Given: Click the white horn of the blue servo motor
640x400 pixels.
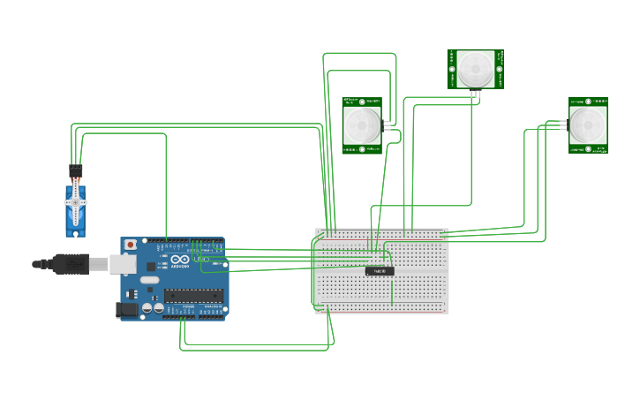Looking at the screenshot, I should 76,201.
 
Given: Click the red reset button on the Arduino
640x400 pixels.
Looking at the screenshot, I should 131,244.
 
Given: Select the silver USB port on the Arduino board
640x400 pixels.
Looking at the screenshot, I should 122,263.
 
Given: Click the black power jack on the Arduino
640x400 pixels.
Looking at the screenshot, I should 127,309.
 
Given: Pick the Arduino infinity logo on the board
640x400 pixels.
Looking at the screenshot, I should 177,261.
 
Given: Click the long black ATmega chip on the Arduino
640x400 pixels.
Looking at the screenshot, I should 192,296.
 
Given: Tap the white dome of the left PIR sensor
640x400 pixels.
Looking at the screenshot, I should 362,125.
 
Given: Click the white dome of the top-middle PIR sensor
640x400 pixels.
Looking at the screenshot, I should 475,68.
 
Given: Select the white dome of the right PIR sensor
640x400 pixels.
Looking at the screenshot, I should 588,125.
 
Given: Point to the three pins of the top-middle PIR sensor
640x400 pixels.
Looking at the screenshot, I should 475,94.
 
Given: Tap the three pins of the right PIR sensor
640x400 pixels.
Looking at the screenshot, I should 562,125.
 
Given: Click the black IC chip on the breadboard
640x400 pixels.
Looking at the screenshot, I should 380,270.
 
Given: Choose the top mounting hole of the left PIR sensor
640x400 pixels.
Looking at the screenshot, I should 362,102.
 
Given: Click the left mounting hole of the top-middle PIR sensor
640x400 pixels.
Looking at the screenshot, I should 453,69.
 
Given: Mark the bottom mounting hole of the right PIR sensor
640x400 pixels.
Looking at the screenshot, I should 588,148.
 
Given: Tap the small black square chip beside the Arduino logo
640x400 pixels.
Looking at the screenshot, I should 151,266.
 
